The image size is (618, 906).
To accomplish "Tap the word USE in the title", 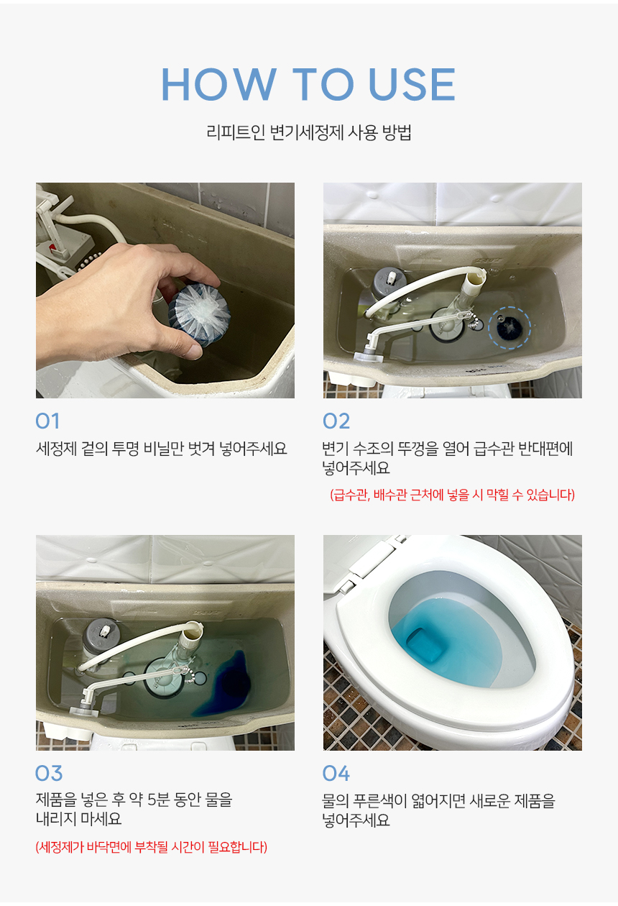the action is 412,84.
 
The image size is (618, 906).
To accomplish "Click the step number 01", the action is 47,421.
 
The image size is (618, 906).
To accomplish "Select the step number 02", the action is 336,421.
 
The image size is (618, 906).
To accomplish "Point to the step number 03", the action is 48,774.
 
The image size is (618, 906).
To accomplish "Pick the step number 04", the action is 336,774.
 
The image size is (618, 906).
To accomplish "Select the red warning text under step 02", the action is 452,495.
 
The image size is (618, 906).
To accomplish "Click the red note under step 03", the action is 151,846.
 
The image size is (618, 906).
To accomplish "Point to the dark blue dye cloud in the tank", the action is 226,683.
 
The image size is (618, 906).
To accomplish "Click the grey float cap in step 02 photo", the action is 387,280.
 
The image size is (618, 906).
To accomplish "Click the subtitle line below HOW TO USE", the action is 309,132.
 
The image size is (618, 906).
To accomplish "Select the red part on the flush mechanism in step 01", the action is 53,247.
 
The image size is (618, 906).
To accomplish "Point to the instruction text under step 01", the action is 161,448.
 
